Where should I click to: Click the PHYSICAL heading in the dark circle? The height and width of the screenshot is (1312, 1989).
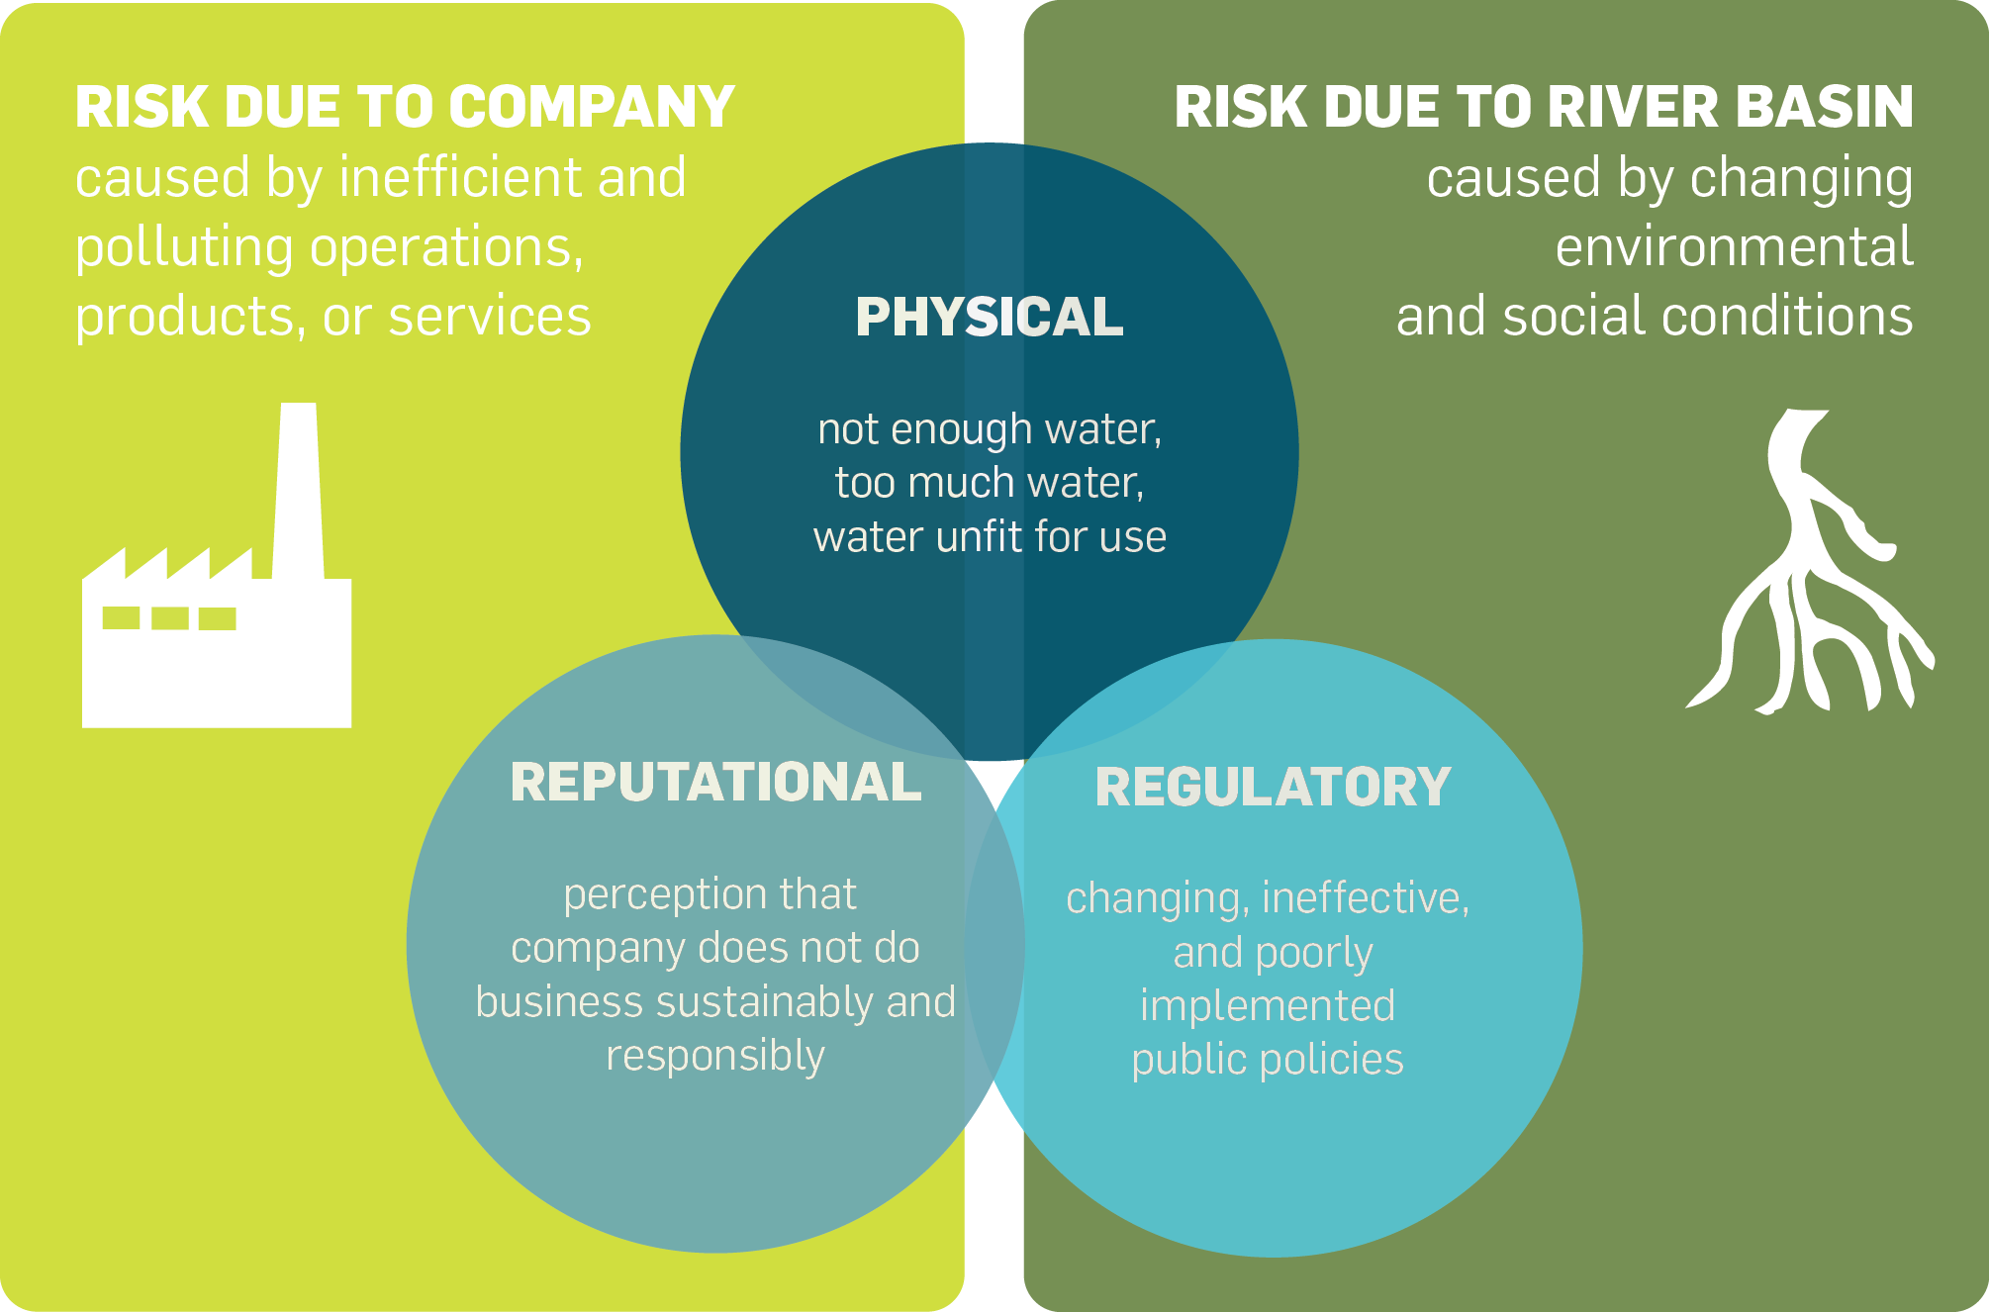pos(989,318)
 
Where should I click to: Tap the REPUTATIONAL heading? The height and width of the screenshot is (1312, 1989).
pos(715,782)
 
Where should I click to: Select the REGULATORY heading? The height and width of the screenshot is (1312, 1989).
pos(1273,788)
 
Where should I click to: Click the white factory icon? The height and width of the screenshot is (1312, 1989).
pos(217,643)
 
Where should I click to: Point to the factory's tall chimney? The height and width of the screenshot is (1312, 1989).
pos(298,490)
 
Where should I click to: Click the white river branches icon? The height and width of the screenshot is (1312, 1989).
pos(1806,574)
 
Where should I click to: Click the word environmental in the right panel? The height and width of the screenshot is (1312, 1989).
pos(1734,247)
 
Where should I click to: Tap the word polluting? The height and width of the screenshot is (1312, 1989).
pos(183,248)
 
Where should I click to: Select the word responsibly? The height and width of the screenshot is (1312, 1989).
pos(715,1057)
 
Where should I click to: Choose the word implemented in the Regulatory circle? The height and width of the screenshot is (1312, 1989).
pos(1268,1006)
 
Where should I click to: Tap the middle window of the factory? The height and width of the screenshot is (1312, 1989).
pos(170,618)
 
